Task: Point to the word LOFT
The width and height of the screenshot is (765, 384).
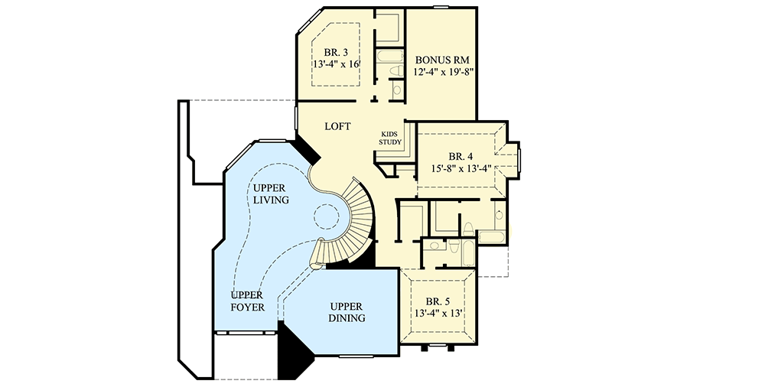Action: pos(337,126)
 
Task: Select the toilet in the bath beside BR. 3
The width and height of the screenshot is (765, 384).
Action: pos(395,73)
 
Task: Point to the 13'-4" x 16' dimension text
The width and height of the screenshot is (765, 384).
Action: pos(336,66)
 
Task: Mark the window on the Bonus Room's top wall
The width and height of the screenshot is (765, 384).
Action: pos(441,7)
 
